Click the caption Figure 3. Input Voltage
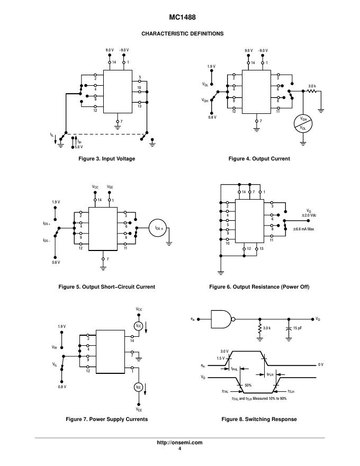pyautogui.click(x=106, y=159)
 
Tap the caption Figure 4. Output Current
pyautogui.click(x=259, y=159)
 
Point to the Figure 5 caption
pyautogui.click(x=106, y=287)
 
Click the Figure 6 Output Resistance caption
pyautogui.click(x=259, y=287)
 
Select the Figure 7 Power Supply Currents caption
pyautogui.click(x=106, y=419)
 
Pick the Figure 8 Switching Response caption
pyautogui.click(x=259, y=419)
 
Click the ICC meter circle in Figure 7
pyautogui.click(x=139, y=326)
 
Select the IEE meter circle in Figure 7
pyautogui.click(x=139, y=388)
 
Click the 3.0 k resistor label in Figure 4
pyautogui.click(x=312, y=86)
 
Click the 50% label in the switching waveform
pyautogui.click(x=248, y=385)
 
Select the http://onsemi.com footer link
pyautogui.click(x=179, y=443)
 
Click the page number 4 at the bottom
pyautogui.click(x=179, y=449)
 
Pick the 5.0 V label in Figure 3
pyautogui.click(x=78, y=147)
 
